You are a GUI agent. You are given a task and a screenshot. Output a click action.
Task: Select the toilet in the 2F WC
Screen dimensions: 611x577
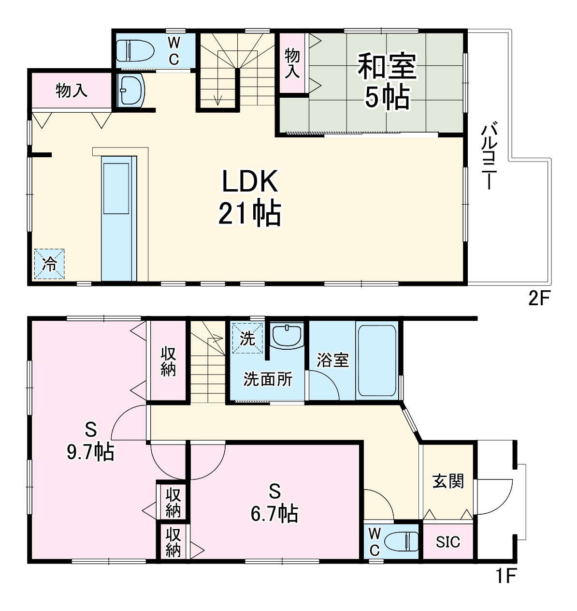click(x=135, y=50)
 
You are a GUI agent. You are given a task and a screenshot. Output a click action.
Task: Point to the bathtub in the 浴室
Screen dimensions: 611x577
click(x=377, y=360)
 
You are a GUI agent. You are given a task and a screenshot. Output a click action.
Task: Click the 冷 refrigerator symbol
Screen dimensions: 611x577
click(x=49, y=264)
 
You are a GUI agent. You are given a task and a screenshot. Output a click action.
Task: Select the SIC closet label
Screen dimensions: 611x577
click(x=447, y=542)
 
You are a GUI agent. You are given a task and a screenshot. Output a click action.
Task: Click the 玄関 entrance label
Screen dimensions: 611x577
click(x=448, y=481)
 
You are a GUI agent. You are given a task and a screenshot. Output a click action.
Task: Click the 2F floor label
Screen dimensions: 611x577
click(x=539, y=298)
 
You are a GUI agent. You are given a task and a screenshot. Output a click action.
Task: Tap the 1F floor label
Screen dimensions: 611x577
click(x=506, y=576)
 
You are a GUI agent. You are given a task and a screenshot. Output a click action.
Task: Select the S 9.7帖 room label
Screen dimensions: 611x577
click(x=90, y=441)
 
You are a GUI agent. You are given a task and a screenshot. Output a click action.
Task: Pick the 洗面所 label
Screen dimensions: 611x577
click(x=267, y=379)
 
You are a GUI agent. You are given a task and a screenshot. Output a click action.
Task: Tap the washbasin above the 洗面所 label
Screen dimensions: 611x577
click(x=287, y=335)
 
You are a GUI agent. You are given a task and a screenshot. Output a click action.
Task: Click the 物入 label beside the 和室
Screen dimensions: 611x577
click(x=292, y=62)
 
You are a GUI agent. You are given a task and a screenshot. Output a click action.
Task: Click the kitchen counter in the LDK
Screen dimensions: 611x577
click(x=118, y=218)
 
